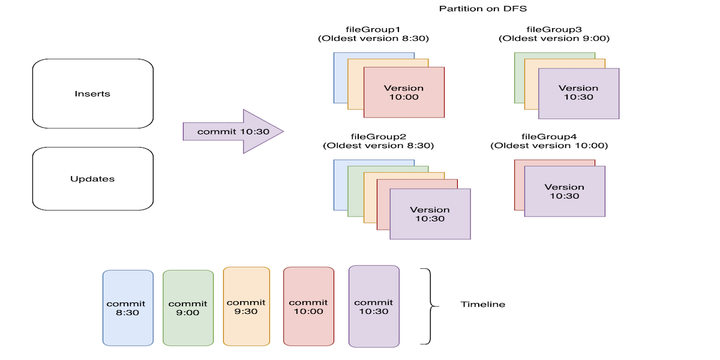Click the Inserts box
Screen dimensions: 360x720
92,94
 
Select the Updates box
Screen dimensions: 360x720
92,179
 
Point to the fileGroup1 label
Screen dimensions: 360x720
373,29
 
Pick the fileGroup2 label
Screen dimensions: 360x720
378,136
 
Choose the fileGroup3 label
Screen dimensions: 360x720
554,29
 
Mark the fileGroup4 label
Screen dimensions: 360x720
549,136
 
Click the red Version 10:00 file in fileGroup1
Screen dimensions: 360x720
404,92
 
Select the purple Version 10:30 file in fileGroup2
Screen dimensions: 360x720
430,214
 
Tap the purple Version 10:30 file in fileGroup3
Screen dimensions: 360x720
578,93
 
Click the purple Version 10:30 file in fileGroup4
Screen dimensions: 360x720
564,191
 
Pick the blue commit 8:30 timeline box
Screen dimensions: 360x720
128,308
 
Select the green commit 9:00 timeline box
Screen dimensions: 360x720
188,308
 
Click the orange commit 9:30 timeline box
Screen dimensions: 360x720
246,307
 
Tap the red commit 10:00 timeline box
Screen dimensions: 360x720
308,307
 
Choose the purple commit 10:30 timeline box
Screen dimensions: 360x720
374,307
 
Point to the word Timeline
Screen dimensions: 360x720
483,304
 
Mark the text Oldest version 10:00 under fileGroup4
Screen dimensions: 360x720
549,146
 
